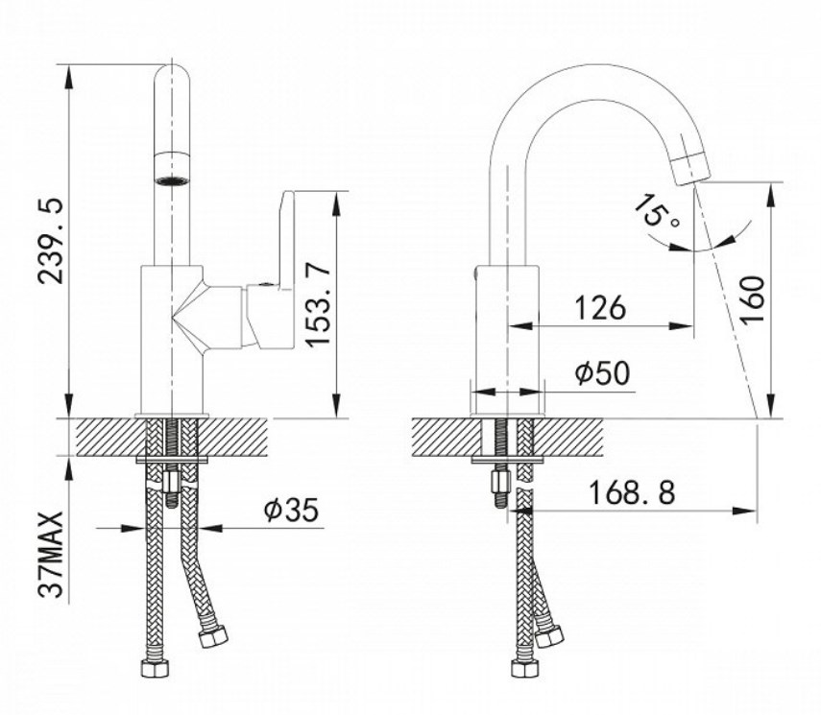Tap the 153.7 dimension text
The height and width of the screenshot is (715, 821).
point(319,305)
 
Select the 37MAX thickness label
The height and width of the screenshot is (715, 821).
point(51,555)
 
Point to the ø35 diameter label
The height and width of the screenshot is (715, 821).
point(291,510)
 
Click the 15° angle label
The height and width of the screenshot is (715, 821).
point(657,211)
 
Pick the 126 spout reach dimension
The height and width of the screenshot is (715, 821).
point(600,308)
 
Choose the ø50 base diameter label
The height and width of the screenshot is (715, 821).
point(602,373)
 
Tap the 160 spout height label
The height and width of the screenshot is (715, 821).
point(752,299)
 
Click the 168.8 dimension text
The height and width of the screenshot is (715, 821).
point(632,492)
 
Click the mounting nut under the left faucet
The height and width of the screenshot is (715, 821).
point(171,483)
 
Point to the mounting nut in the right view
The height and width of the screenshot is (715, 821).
point(499,483)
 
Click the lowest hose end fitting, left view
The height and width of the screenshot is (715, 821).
point(156,668)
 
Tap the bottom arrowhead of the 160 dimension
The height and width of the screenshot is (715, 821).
point(771,407)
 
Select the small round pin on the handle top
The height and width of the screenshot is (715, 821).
point(264,285)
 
